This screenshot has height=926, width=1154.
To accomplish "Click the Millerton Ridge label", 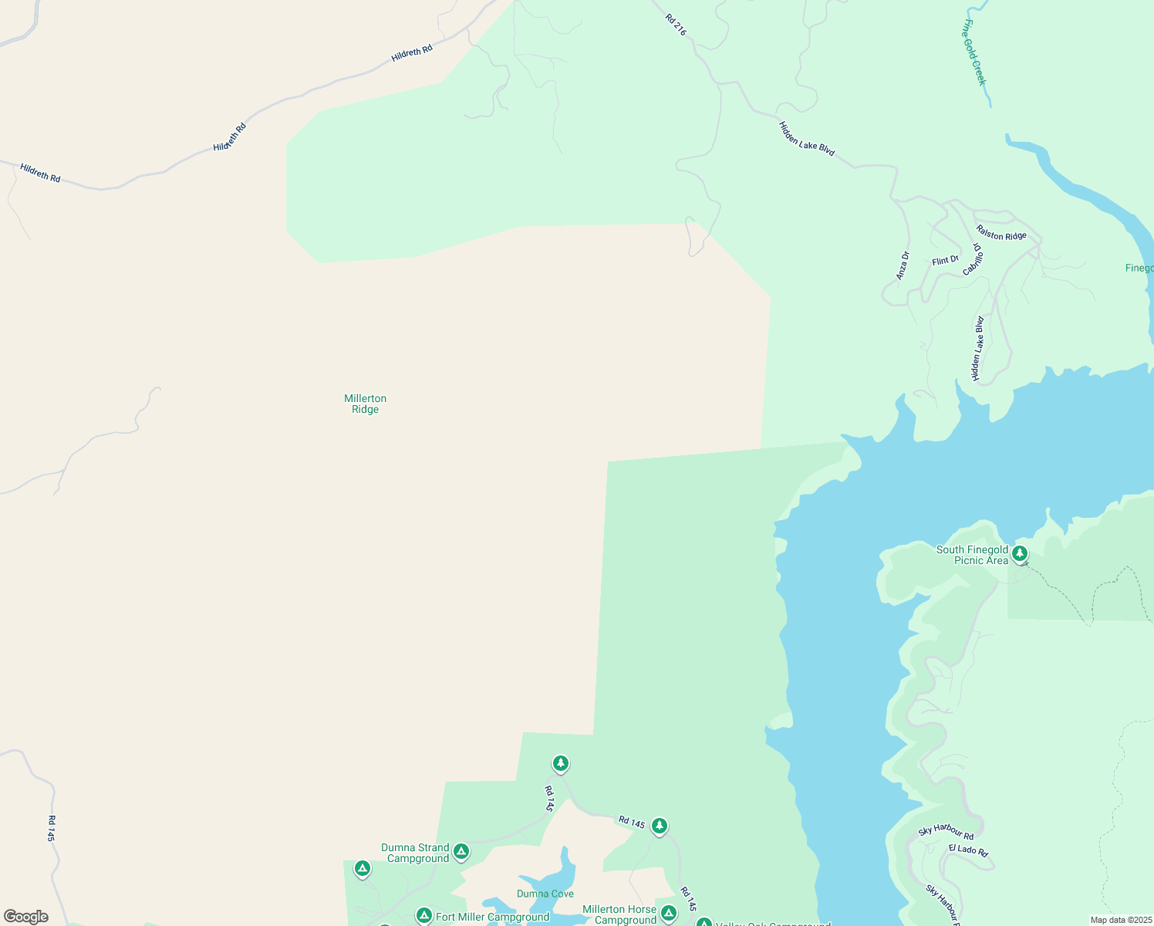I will (x=365, y=404).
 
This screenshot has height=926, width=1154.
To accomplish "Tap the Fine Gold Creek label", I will (x=974, y=52).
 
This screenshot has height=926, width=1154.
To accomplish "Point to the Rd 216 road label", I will (x=675, y=24).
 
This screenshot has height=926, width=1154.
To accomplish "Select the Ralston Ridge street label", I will (x=1000, y=232).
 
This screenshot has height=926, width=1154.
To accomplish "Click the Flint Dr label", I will (x=945, y=261).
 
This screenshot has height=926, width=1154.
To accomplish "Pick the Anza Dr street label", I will (x=903, y=265).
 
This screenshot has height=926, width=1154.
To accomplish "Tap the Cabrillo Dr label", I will (x=973, y=259).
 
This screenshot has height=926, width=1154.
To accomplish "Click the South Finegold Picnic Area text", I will (x=972, y=555).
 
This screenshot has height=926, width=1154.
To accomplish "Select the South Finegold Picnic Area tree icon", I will (x=1020, y=553).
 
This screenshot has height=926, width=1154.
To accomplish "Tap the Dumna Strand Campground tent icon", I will (x=461, y=851).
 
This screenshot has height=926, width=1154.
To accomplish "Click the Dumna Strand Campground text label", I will (x=415, y=853).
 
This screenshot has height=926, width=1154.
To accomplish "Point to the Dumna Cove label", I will (x=545, y=894).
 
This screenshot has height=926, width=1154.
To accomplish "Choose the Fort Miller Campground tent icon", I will (x=423, y=916).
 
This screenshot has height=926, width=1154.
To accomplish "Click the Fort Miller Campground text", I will (x=492, y=917).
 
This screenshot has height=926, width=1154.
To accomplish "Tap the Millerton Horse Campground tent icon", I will (x=669, y=914).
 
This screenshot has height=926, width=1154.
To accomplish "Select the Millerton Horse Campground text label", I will (x=619, y=914).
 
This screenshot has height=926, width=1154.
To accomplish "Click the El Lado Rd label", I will (x=968, y=850).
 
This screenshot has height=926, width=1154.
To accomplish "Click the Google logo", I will (x=26, y=917).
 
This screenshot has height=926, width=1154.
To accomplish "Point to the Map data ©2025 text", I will (x=1121, y=920).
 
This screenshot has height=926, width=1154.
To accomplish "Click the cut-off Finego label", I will (x=1139, y=268).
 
